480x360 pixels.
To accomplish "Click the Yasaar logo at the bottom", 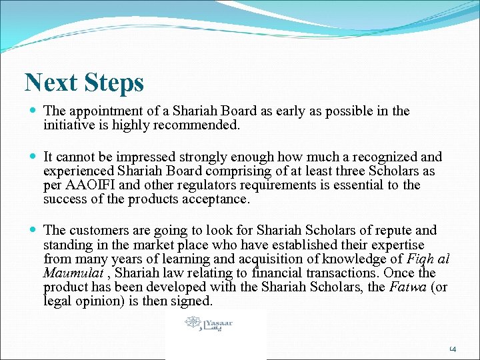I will tap(209, 325).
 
